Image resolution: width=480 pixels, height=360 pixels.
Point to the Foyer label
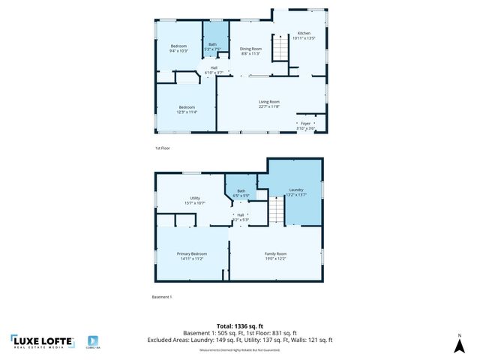(305, 125)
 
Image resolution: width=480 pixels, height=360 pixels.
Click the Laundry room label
(295, 193)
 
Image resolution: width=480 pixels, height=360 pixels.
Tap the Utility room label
(194, 200)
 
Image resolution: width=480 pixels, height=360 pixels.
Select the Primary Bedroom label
(191, 256)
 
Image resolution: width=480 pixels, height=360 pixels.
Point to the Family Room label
(275, 256)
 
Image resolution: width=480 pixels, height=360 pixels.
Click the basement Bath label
(241, 193)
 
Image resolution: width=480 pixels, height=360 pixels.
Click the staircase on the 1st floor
(280, 49)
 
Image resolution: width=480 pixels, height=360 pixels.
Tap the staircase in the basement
(277, 210)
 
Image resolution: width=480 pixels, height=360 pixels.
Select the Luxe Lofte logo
(43, 342)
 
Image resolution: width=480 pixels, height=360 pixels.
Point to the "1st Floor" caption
(163, 148)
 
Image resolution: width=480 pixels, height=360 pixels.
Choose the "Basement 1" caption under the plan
(162, 298)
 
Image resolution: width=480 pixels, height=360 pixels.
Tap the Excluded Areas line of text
(239, 340)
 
